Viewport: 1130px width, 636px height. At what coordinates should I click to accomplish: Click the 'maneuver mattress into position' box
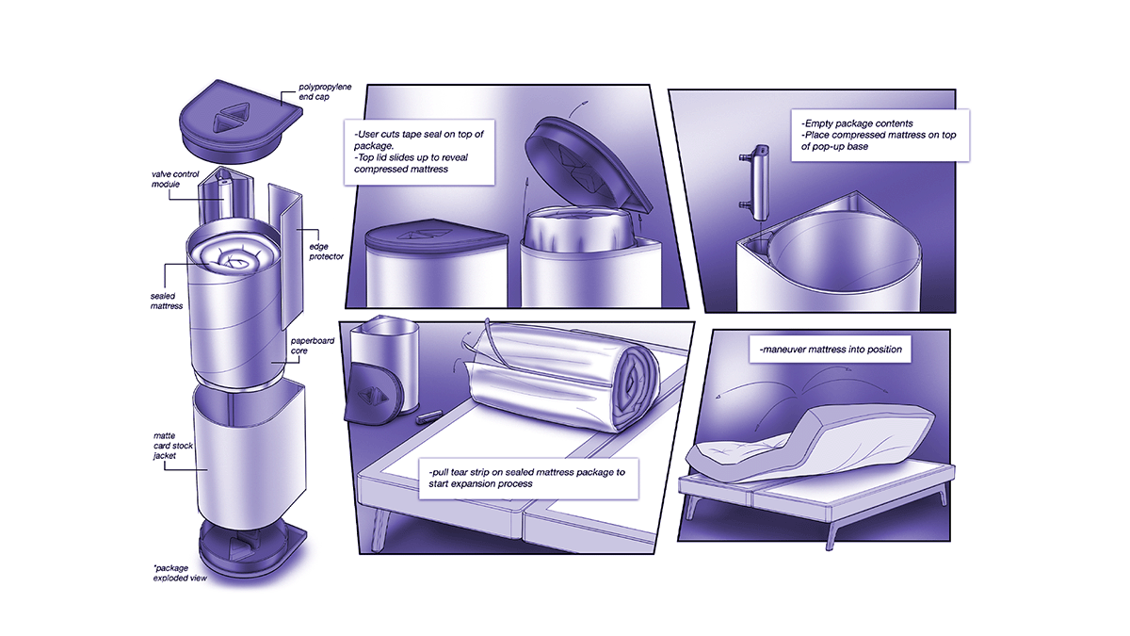coord(829,351)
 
